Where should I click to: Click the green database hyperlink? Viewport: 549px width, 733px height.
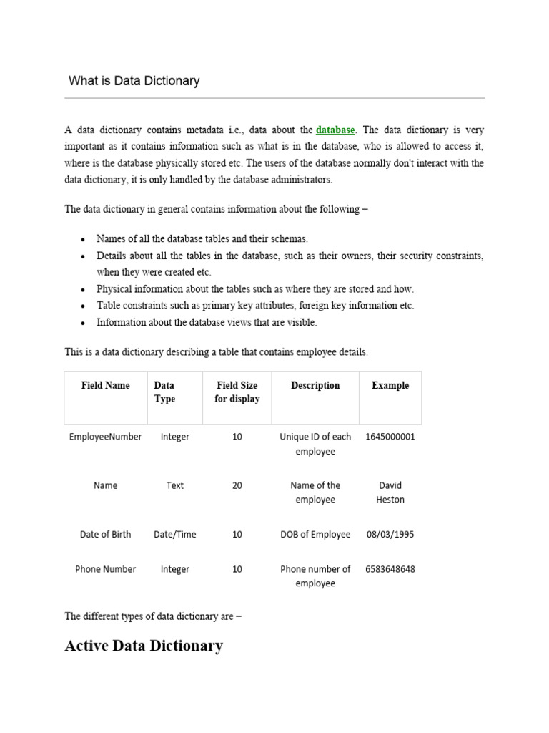point(335,130)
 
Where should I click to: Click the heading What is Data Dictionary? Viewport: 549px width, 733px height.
point(134,81)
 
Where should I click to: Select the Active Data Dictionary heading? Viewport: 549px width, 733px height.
point(144,646)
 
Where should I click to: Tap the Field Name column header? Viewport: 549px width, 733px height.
point(106,386)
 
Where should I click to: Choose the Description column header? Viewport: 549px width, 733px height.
point(315,386)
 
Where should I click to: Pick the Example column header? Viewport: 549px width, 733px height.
point(390,386)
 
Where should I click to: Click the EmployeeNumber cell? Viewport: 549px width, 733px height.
point(106,437)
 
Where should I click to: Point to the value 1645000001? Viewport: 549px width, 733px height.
point(390,437)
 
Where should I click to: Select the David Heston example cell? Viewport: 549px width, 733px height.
point(390,492)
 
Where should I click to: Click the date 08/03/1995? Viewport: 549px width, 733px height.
point(390,535)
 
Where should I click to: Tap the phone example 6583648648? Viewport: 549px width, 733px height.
point(390,570)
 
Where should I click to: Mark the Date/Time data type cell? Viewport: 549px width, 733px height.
point(175,535)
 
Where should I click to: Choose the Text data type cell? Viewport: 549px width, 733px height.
point(175,485)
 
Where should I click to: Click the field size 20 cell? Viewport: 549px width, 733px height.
point(237,485)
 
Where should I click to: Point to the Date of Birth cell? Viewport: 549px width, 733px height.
point(106,535)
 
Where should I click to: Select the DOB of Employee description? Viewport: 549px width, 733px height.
point(315,535)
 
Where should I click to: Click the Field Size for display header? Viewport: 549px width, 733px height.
point(237,392)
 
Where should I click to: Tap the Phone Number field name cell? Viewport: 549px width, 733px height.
point(106,570)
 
